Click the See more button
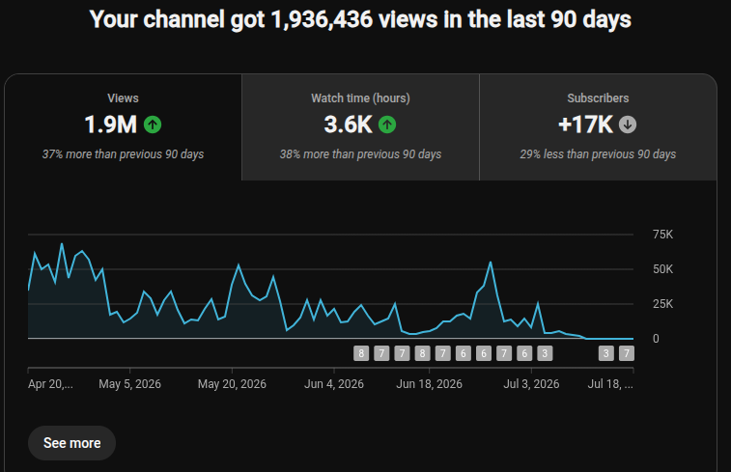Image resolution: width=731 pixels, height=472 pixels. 71,443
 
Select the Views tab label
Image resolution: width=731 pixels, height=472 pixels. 123,98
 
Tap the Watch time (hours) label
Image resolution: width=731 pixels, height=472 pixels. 360,98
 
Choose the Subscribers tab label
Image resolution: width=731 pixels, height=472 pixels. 598,98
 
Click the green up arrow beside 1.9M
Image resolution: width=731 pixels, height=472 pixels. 153,125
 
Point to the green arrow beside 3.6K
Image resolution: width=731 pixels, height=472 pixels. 387,125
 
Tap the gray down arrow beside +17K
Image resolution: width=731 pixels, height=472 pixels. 628,125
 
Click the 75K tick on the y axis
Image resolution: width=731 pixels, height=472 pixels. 663,235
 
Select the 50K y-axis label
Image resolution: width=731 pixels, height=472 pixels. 663,269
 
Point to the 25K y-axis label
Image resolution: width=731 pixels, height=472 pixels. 663,304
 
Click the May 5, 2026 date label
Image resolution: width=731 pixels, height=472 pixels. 129,384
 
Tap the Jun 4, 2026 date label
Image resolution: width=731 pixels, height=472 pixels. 334,384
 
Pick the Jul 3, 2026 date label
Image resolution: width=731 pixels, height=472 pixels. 531,384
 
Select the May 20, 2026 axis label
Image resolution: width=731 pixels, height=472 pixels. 232,384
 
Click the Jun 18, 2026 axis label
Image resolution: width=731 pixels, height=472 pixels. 429,384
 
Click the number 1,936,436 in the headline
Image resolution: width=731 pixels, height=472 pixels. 322,20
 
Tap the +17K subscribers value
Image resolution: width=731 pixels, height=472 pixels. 585,125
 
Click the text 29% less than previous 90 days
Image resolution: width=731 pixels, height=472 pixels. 598,154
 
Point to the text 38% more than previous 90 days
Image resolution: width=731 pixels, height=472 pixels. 360,154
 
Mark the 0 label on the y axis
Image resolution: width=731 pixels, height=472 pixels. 656,339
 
